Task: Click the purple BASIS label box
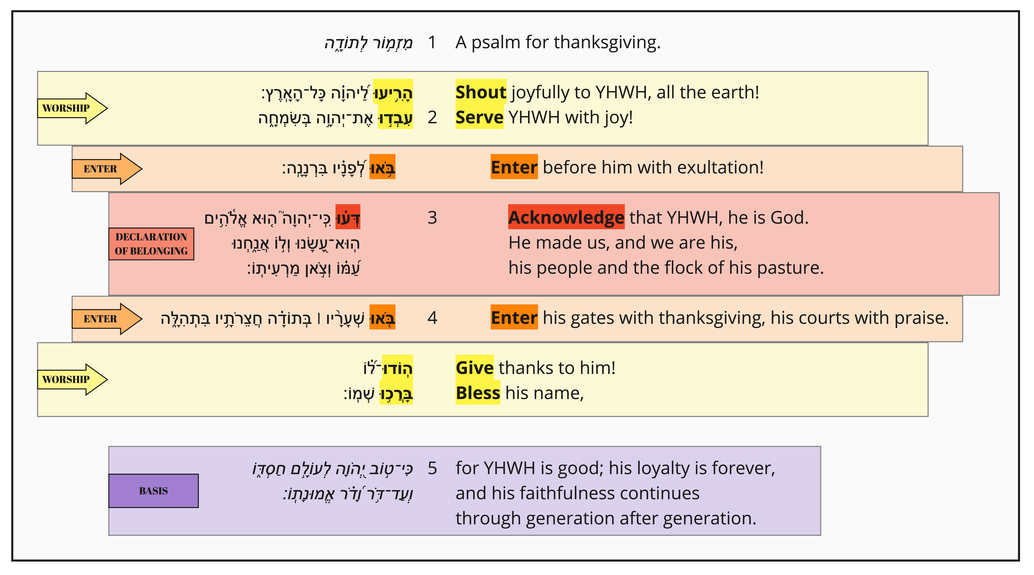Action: tap(153, 491)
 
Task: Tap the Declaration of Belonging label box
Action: tap(151, 244)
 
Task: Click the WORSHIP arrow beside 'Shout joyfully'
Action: tap(72, 108)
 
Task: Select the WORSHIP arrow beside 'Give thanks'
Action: tap(72, 379)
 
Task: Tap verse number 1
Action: tap(432, 42)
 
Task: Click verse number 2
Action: tap(432, 117)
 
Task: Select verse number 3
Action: tap(432, 218)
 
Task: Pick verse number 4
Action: tap(432, 318)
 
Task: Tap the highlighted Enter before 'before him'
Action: tap(514, 167)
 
